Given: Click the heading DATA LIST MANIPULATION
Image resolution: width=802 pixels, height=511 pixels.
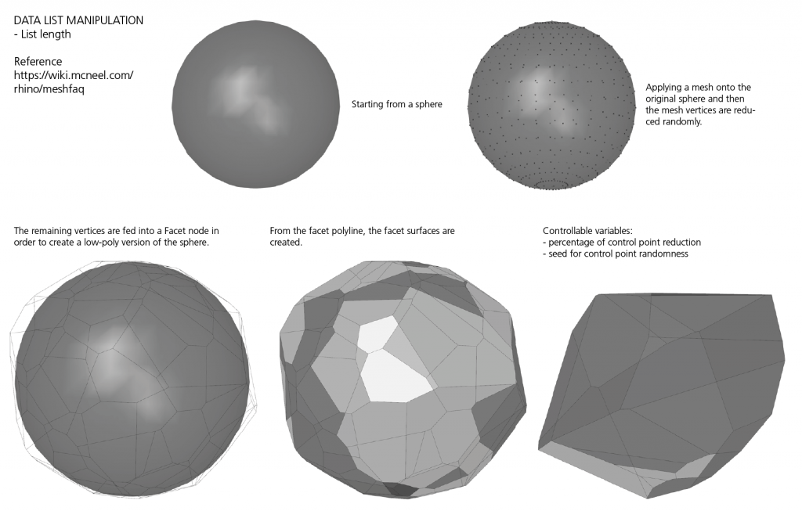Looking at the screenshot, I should (x=78, y=20).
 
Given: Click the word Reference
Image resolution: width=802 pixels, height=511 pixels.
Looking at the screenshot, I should (x=38, y=61).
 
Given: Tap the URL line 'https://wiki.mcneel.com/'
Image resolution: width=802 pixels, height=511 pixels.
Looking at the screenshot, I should (x=74, y=75).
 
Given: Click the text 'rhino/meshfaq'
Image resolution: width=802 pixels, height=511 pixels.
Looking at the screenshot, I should (x=49, y=89).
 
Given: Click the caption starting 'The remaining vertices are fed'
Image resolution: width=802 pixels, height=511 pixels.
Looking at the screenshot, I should (x=117, y=230).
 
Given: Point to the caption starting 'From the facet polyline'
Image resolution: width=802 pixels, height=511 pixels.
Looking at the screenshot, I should (x=362, y=231).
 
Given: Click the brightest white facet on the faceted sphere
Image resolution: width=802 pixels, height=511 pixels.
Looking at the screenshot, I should (x=396, y=376).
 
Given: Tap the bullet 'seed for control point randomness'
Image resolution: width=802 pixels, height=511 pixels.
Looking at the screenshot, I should (x=616, y=254).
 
